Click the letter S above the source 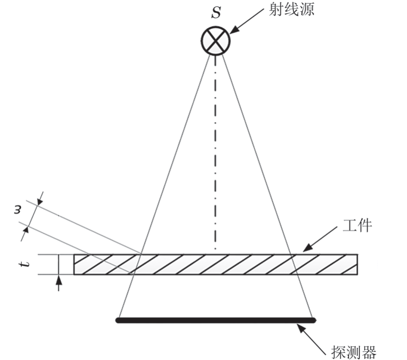(x=216, y=13)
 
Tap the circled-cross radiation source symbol (x=215, y=40)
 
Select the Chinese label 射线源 (x=291, y=10)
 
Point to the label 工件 (x=357, y=225)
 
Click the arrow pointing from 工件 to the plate (x=320, y=239)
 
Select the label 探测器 (x=353, y=352)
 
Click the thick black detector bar (x=216, y=320)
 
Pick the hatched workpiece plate (x=215, y=264)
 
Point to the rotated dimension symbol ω (x=17, y=210)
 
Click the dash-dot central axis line (x=215, y=153)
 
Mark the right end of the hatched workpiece (x=357, y=264)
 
